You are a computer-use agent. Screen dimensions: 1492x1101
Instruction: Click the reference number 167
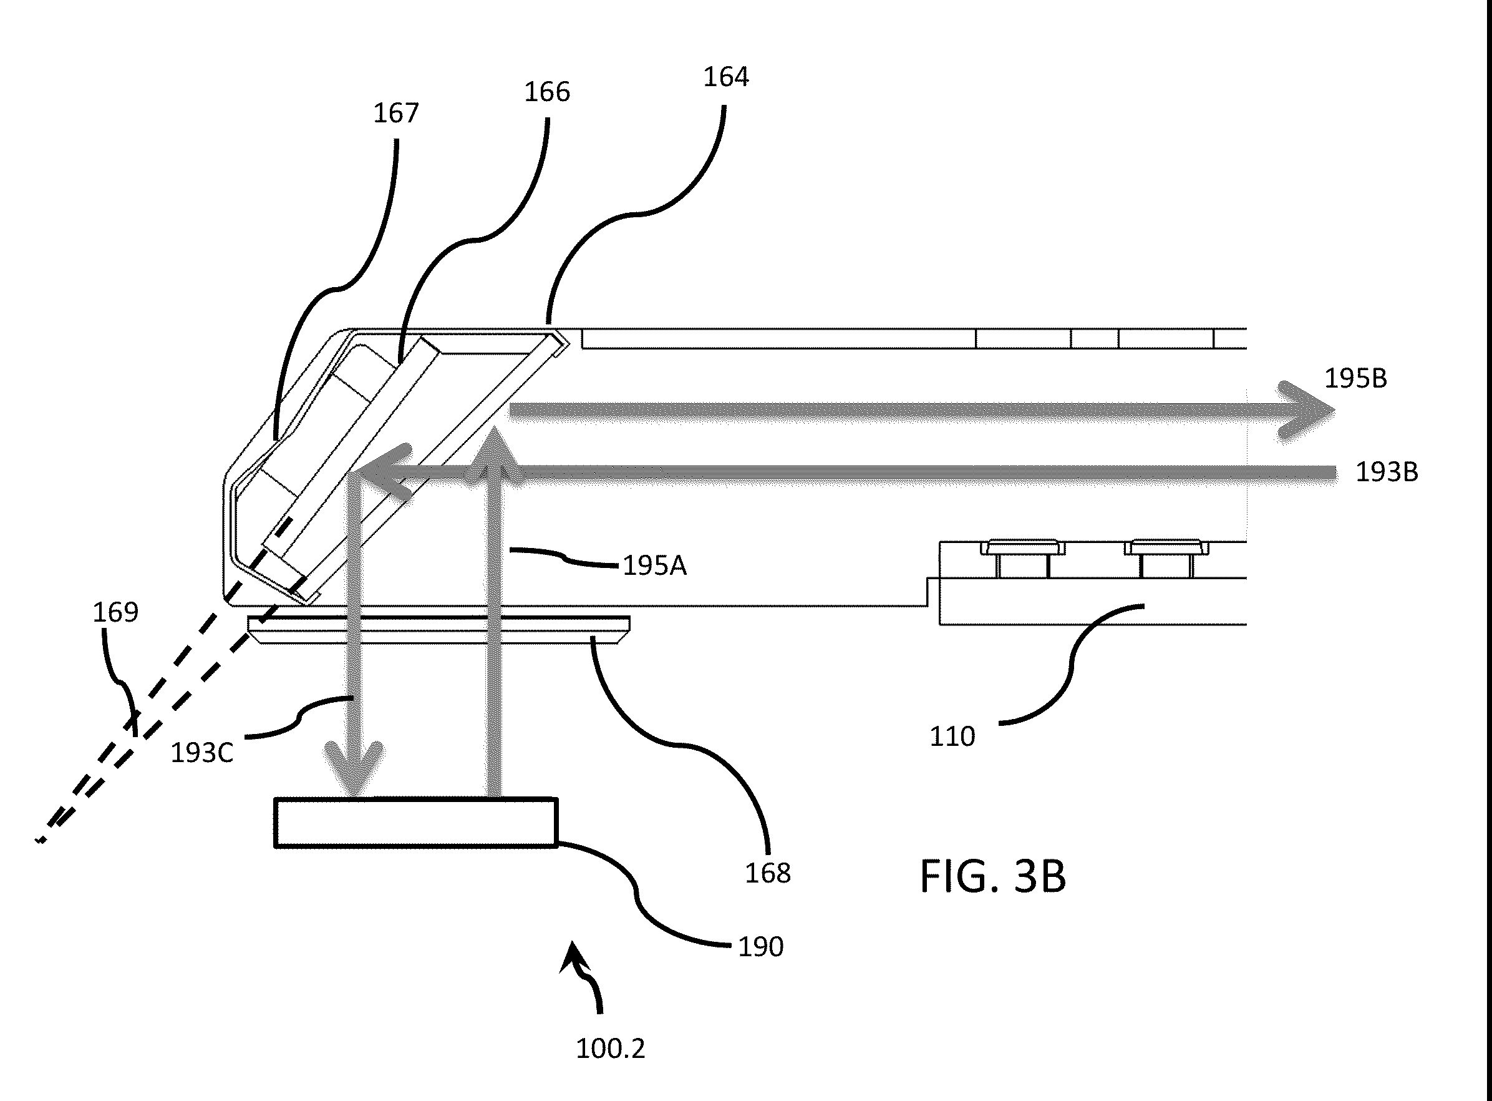(x=395, y=114)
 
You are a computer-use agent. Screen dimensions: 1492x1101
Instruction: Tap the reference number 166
(x=547, y=92)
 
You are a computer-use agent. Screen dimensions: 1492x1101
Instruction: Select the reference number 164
(x=726, y=77)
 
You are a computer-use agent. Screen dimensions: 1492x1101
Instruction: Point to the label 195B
(x=1355, y=379)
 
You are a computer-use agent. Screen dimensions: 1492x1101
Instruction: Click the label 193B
(x=1387, y=472)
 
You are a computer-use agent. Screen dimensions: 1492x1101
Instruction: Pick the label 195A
(x=654, y=566)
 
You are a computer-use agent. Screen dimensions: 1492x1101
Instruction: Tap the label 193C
(x=202, y=753)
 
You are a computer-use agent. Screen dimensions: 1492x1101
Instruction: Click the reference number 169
(x=115, y=612)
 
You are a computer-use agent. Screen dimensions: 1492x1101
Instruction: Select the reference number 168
(x=767, y=873)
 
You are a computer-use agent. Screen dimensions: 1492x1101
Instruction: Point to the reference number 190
(x=760, y=947)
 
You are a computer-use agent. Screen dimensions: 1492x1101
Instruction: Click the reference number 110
(x=952, y=737)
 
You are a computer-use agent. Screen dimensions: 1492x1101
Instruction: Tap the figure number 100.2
(x=610, y=1049)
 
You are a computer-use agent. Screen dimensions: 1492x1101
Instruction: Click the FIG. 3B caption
(x=993, y=876)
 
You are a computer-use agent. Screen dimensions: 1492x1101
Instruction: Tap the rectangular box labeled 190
(x=415, y=823)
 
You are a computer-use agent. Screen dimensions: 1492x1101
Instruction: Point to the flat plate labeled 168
(x=439, y=630)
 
